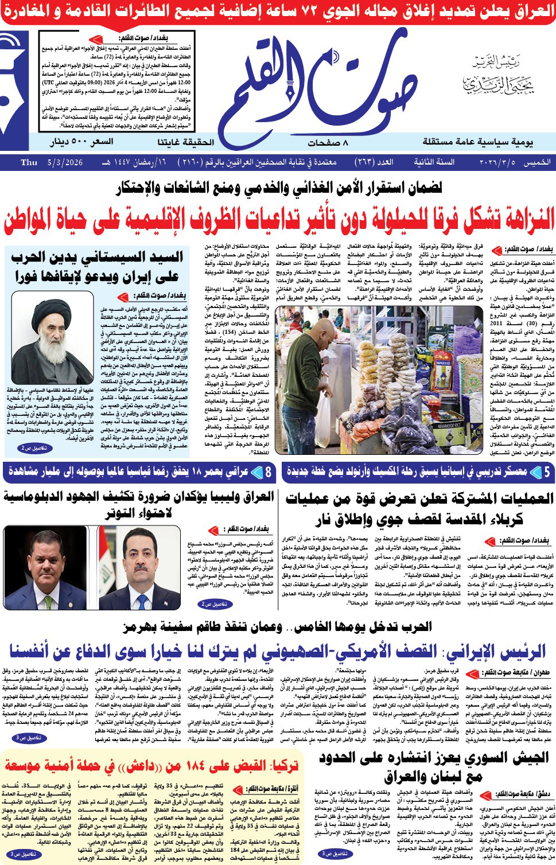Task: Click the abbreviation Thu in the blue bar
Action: coord(29,162)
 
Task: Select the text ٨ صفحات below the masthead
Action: coord(332,142)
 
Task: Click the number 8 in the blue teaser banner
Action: coord(268,472)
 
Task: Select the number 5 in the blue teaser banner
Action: coord(547,472)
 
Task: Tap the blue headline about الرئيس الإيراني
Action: coord(278,652)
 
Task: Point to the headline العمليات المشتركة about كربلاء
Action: coord(419,508)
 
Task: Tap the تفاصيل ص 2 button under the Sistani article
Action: coord(34,448)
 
